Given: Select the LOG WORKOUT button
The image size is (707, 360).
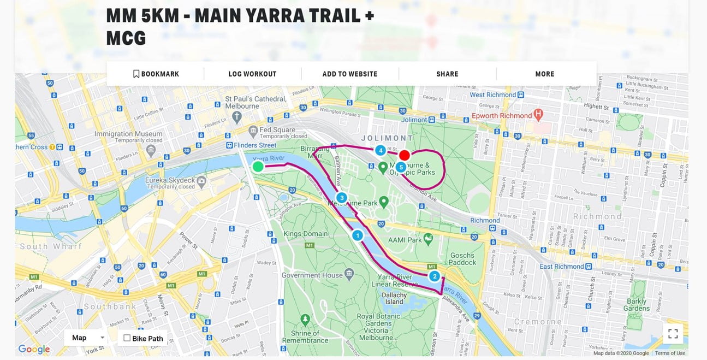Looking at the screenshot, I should tap(252, 74).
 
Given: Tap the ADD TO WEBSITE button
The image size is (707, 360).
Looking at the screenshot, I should tap(349, 74).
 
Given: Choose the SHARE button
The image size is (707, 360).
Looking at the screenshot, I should tap(447, 74).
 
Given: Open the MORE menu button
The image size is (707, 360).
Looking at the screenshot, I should tap(544, 74).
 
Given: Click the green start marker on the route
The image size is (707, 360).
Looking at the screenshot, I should tap(258, 166).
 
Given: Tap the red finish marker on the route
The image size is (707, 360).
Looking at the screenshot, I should tap(404, 155).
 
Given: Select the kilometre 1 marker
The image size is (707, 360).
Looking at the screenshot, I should tap(357, 235).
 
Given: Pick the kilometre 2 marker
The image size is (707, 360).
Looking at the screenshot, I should tap(434, 276).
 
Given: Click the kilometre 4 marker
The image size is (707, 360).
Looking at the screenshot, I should tap(380, 150).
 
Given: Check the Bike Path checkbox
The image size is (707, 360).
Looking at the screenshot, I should tap(127, 338).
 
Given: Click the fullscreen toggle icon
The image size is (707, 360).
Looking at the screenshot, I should tap(673, 333).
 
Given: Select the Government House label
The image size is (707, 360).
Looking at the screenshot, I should tap(313, 275).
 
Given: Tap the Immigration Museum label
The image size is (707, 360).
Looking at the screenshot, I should tap(128, 134).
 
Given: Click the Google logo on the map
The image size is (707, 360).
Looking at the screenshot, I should tap(34, 349).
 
